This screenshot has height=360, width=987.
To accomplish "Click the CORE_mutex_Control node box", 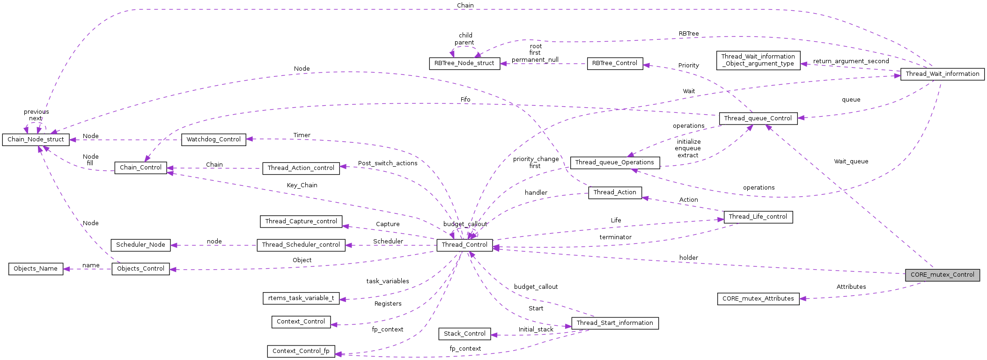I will pos(942,275).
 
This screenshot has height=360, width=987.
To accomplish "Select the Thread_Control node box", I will pos(464,245).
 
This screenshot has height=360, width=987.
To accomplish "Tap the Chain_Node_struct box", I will pos(36,140).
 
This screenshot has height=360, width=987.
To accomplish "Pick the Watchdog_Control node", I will pos(214,140).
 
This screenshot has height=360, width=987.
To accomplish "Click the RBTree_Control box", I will pos(614,63).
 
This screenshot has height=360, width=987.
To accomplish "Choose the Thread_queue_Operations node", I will pos(614,162).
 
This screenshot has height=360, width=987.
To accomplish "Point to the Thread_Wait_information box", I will pos(942,74).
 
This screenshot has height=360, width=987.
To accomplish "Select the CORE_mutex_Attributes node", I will pos(758,299).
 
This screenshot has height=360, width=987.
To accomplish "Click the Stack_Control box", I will pos(464,334).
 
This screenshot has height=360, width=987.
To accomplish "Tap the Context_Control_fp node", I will pos(301,351).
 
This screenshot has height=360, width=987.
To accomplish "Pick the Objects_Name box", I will pos(36,269).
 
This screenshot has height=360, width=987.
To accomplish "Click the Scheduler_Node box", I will pos(140,245).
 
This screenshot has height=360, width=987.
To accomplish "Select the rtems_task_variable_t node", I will pos(301,298).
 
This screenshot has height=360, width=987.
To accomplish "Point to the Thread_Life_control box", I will pos(758,217).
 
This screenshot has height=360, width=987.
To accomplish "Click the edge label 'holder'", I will pos(688,258).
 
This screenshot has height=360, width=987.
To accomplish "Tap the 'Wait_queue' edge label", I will pos(851,162).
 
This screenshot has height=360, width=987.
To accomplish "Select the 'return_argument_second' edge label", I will pos(851,61).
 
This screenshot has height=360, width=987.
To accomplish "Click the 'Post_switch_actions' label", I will pos(388,163).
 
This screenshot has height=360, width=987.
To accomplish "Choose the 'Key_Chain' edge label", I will pos(302,185).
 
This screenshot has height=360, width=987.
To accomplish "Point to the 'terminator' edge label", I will pos(615,237).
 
